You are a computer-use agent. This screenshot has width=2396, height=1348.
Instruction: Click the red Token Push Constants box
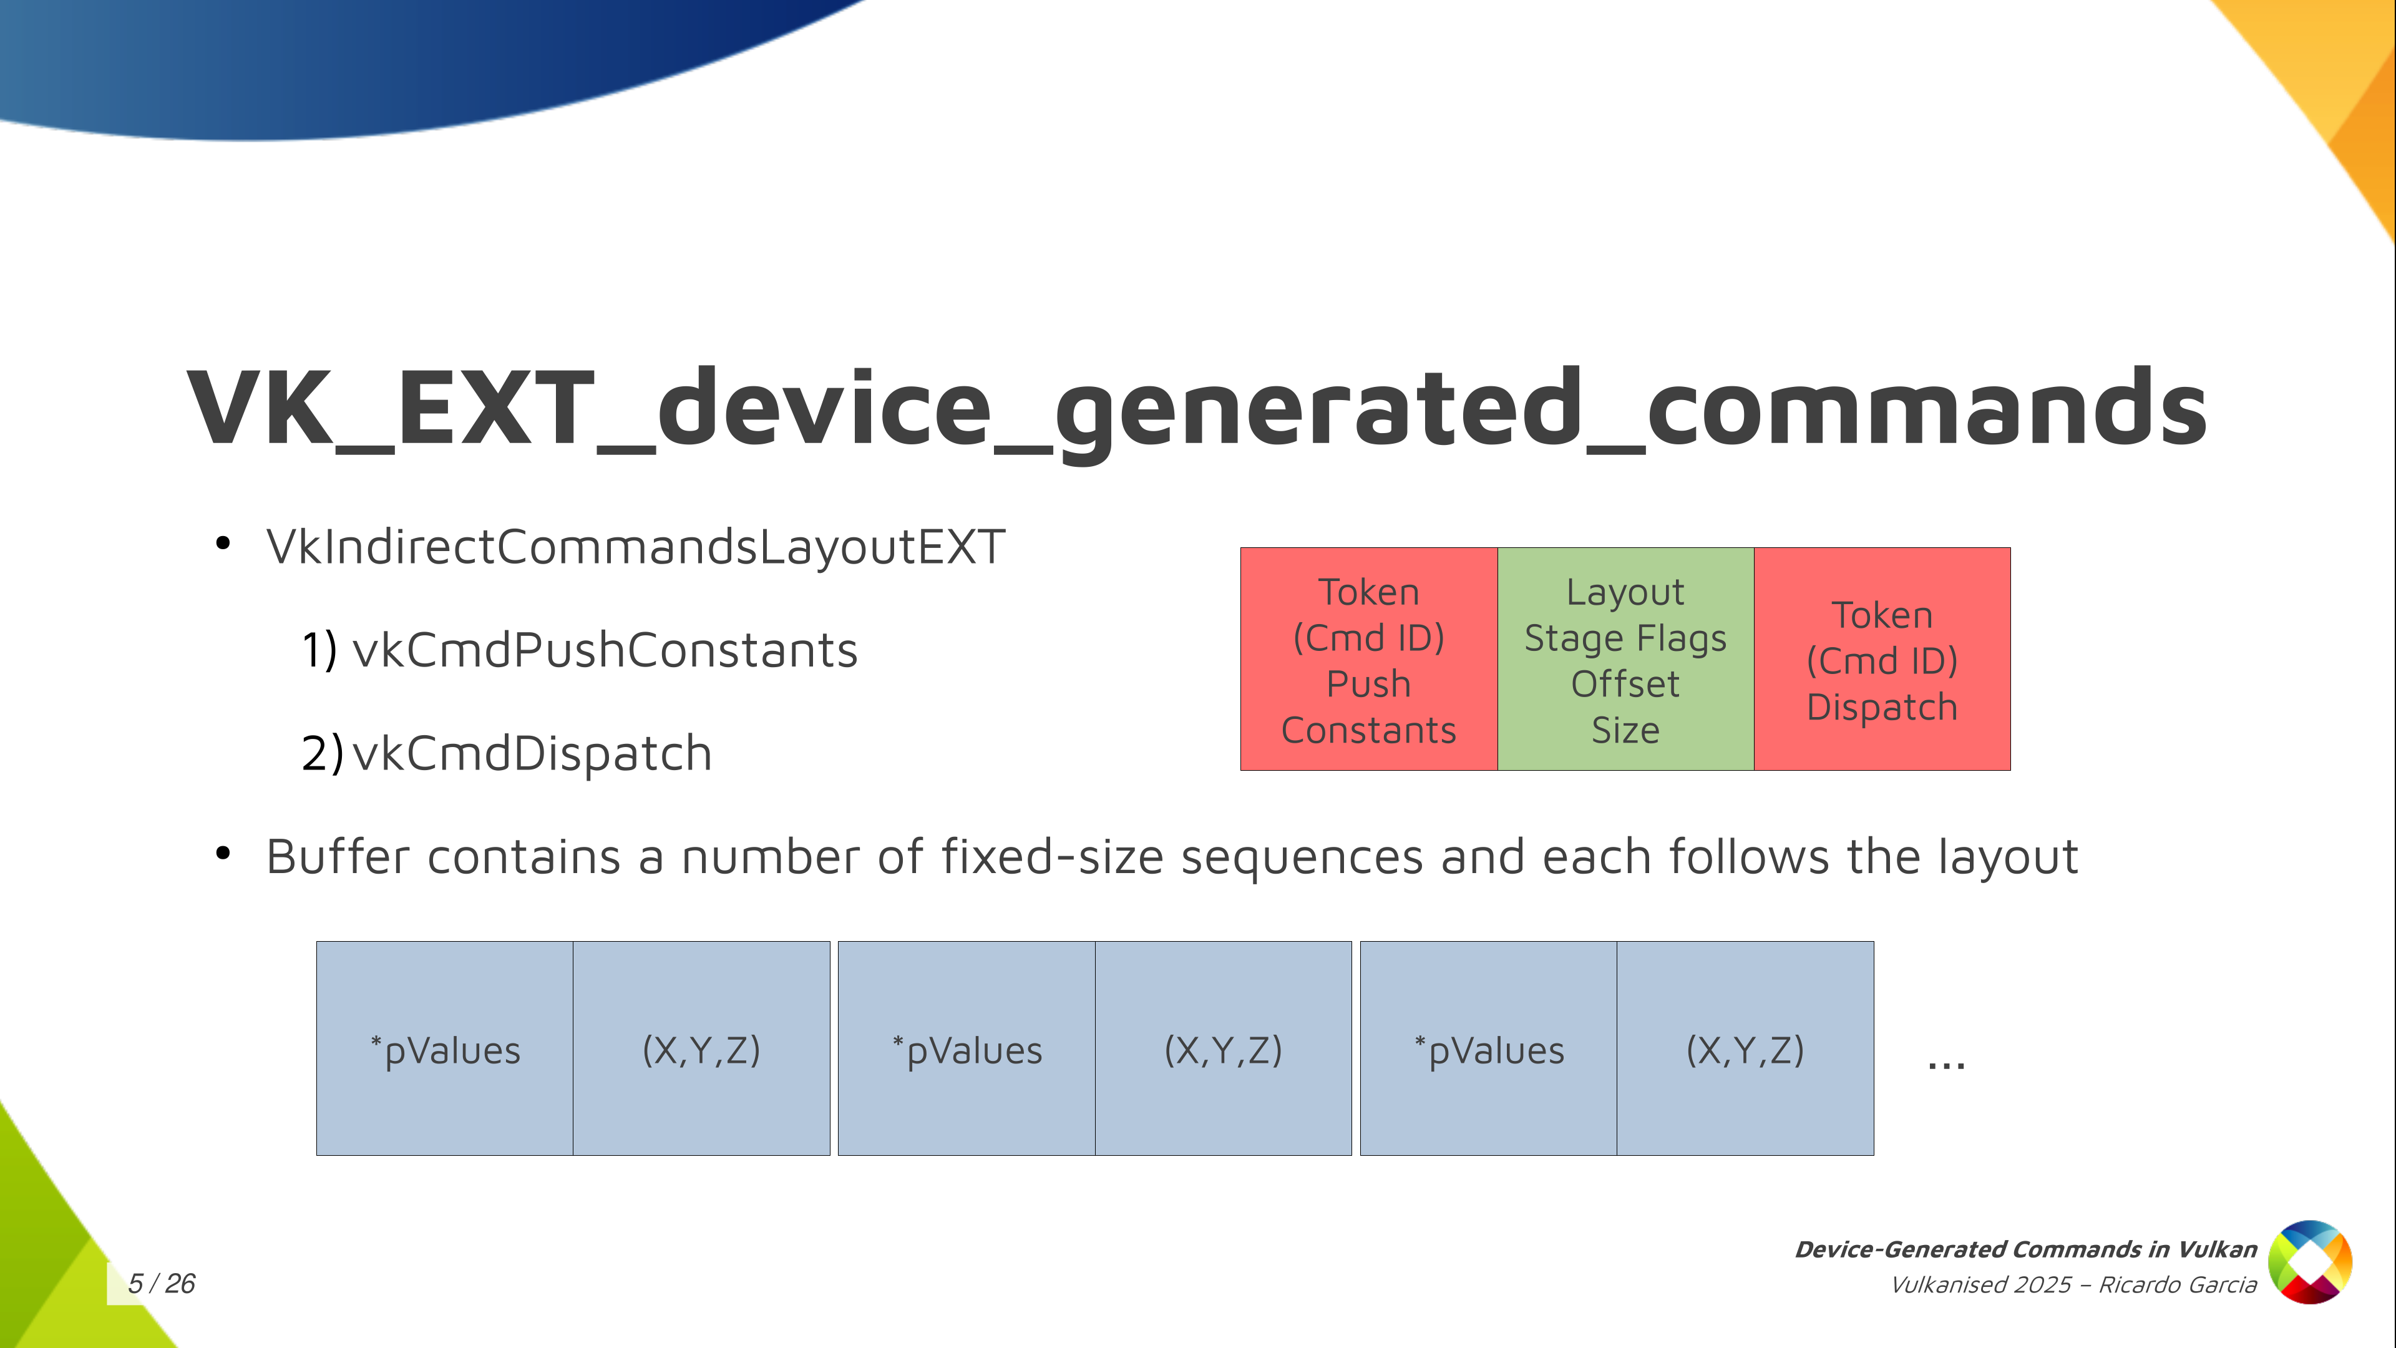click(1369, 658)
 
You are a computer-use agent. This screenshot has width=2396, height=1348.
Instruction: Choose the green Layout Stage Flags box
click(1626, 658)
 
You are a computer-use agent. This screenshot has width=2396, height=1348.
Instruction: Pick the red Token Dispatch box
click(1882, 658)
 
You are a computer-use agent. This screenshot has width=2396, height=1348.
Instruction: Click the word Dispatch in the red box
click(1882, 708)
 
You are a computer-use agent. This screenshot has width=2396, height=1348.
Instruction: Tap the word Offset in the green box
click(1626, 684)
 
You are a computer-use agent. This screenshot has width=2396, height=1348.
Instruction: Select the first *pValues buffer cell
click(445, 1048)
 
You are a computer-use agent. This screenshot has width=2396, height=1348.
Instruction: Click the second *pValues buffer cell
click(967, 1048)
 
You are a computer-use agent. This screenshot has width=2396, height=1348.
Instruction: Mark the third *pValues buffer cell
click(1488, 1048)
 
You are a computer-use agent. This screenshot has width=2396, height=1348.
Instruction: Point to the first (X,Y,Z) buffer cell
click(701, 1048)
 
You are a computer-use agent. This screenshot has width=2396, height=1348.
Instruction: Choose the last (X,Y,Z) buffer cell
click(1745, 1048)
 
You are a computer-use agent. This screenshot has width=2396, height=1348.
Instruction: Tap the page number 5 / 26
click(162, 1284)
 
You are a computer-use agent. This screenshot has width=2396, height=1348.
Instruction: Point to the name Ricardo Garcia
click(2178, 1285)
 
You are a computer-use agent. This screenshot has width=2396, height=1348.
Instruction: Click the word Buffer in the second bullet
click(338, 857)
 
